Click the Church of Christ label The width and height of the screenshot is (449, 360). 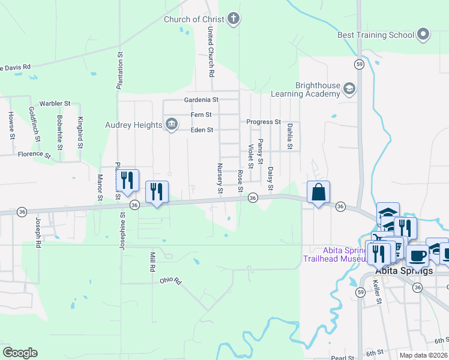coord(194,19)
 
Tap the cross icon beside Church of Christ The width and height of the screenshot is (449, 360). coord(234,19)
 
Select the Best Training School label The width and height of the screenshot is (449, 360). coord(376,35)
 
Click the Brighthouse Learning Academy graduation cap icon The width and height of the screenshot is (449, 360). coord(348,89)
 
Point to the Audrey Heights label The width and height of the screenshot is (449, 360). coord(133,125)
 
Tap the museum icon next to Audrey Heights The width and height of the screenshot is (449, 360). coord(171,124)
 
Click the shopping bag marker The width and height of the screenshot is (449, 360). coord(319,193)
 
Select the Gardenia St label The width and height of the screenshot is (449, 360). coord(201,100)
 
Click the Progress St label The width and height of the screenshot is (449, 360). coord(264,122)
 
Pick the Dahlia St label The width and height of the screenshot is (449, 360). coord(289,137)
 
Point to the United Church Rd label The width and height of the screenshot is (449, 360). coord(211,51)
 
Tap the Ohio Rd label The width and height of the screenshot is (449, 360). coord(170,280)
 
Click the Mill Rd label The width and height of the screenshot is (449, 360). coord(152,262)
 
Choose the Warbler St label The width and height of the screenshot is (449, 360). coord(55,103)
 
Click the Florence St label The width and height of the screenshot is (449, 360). coord(34,154)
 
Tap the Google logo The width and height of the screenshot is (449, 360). coord(20,352)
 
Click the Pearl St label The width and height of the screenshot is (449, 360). coord(346,358)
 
